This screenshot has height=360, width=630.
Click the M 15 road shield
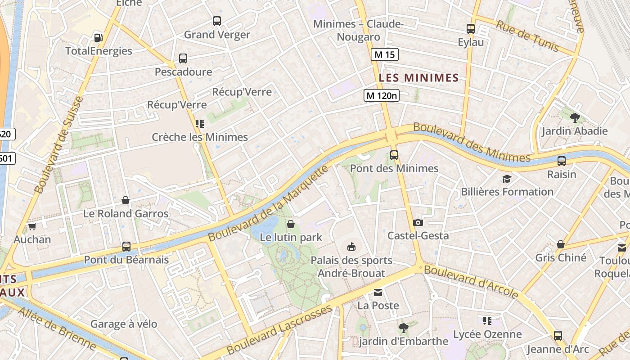[x=384, y=55]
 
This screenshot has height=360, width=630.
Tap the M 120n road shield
[x=381, y=95]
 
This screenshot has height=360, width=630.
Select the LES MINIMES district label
[x=418, y=78]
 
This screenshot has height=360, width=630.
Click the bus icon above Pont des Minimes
[x=394, y=155]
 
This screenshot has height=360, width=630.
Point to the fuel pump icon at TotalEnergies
[x=98, y=38]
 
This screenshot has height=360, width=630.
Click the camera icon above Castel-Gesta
[x=418, y=222]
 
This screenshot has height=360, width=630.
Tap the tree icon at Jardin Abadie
[x=574, y=118]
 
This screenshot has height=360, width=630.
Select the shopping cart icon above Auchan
[x=32, y=226]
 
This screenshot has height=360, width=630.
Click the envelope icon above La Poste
[x=378, y=292]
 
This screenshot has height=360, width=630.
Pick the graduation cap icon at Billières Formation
[x=507, y=179]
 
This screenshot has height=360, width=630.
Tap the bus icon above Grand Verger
[x=217, y=21]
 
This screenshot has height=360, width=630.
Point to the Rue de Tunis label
[x=527, y=36]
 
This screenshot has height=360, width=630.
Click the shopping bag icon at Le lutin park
[x=291, y=224]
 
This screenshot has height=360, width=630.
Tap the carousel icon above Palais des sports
[x=351, y=247]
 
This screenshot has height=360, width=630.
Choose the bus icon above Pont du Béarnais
[x=126, y=247]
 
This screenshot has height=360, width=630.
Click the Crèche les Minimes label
[x=200, y=137]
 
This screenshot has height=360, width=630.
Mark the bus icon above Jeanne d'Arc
[x=558, y=335]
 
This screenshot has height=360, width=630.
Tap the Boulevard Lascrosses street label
[x=279, y=329]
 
